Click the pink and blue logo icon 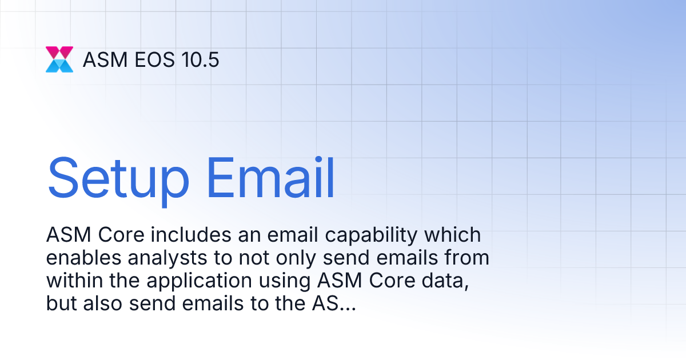(59, 59)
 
